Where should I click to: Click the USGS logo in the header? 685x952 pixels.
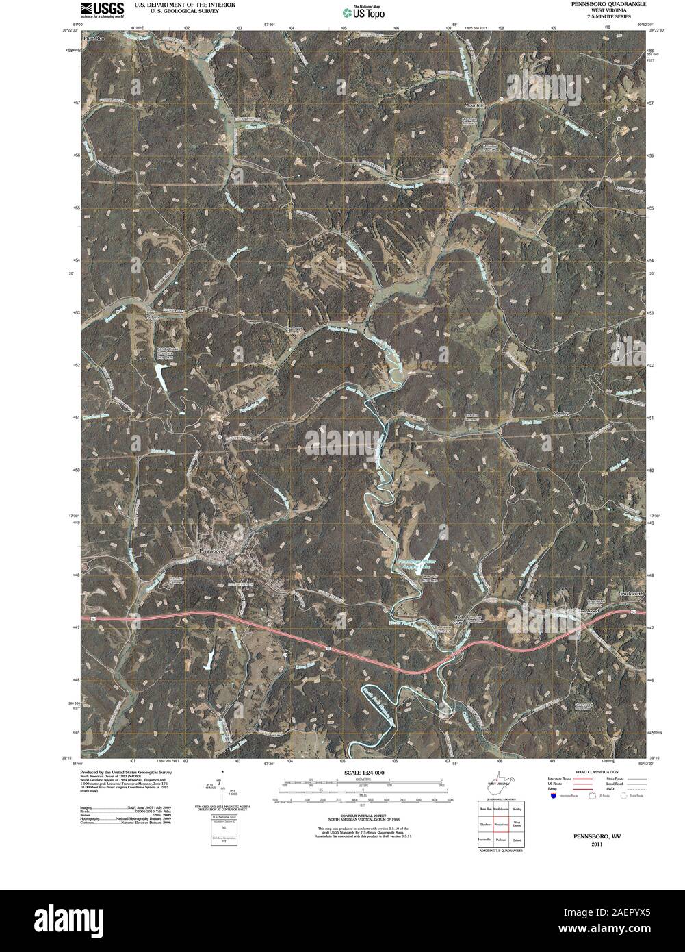coord(103,9)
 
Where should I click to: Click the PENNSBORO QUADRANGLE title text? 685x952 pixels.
coord(602,4)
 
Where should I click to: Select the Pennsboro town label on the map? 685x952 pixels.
coord(211,551)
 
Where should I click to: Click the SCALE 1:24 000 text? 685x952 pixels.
coord(359,773)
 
